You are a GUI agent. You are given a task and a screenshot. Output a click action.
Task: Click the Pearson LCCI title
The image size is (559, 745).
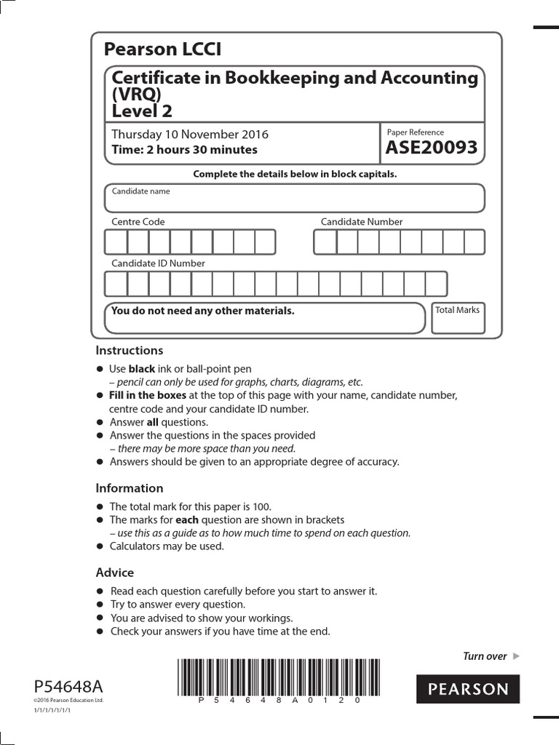[x=162, y=49]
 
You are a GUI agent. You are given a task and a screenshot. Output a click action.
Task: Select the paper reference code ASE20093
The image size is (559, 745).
[x=432, y=148]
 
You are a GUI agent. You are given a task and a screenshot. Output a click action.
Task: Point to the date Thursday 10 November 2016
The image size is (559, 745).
[x=189, y=134]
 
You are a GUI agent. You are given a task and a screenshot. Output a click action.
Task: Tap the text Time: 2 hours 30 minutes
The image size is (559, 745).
[x=184, y=150]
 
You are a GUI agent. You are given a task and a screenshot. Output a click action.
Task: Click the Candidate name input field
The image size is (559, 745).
[x=294, y=198]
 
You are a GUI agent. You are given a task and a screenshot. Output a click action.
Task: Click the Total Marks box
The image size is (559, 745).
[x=457, y=318]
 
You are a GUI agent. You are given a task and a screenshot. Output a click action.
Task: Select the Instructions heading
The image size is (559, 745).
[x=130, y=350]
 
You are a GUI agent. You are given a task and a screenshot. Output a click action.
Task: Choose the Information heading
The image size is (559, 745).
[x=130, y=488]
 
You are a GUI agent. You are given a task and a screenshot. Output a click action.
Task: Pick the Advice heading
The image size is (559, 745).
[x=115, y=573]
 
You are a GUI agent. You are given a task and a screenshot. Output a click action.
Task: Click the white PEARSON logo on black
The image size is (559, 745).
[x=468, y=689]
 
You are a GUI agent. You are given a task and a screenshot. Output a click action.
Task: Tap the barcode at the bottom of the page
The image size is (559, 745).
[x=269, y=676]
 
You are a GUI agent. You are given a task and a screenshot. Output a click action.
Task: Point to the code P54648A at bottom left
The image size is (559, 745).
[x=68, y=686]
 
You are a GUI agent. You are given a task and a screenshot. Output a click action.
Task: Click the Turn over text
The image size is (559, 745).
[x=485, y=656]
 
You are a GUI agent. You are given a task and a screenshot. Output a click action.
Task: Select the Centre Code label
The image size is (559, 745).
[x=138, y=222]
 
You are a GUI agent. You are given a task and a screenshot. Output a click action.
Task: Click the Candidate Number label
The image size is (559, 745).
[x=362, y=222]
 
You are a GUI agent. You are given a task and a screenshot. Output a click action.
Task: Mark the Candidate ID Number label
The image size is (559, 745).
[x=158, y=263]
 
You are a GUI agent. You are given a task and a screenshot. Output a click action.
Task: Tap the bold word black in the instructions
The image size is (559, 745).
[x=142, y=369]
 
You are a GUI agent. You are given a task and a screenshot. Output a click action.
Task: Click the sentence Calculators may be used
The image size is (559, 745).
[x=167, y=546]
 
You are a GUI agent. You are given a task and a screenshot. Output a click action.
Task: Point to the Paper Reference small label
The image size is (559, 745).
[x=415, y=132]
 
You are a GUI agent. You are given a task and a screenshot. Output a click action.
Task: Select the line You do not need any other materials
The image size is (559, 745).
[x=202, y=311]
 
